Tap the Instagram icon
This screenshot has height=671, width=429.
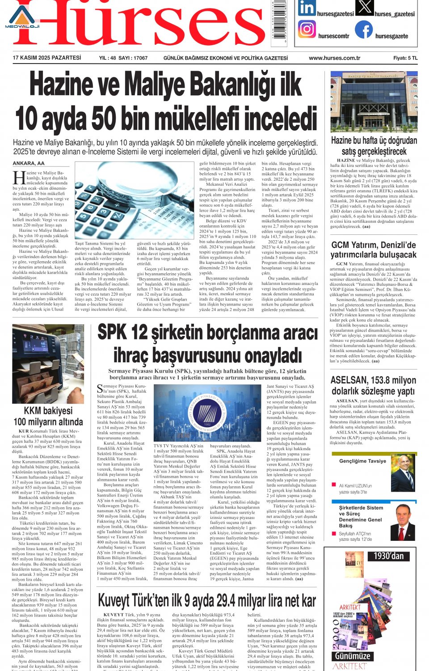[307, 29]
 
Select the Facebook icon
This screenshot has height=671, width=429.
[364, 30]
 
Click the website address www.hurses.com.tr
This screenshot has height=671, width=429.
[334, 58]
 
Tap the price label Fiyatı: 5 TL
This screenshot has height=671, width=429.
[405, 58]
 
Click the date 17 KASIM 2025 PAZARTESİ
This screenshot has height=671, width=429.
[47, 58]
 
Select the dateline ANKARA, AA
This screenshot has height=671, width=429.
[29, 163]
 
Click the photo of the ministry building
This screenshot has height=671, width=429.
[374, 102]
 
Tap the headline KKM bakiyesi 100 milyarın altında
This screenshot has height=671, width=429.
[48, 416]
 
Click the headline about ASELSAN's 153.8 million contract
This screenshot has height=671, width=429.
[373, 386]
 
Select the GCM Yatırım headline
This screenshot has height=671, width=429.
[373, 250]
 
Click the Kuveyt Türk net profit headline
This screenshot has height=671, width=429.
[207, 601]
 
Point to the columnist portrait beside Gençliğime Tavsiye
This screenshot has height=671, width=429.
[402, 473]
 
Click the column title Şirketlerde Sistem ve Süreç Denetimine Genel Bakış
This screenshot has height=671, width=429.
[361, 517]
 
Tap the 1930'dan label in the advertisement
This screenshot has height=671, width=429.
[389, 556]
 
